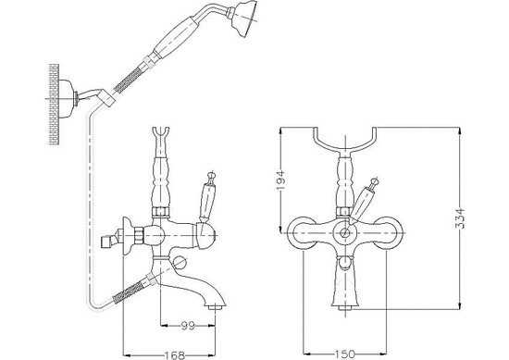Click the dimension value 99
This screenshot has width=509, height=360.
tap(188, 326)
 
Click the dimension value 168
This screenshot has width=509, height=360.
tap(172, 355)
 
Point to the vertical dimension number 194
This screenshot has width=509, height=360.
tap(280, 180)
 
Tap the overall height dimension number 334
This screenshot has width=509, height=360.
tap(460, 218)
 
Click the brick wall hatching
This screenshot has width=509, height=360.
tap(55, 105)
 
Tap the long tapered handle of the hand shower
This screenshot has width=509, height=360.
tap(177, 37)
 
